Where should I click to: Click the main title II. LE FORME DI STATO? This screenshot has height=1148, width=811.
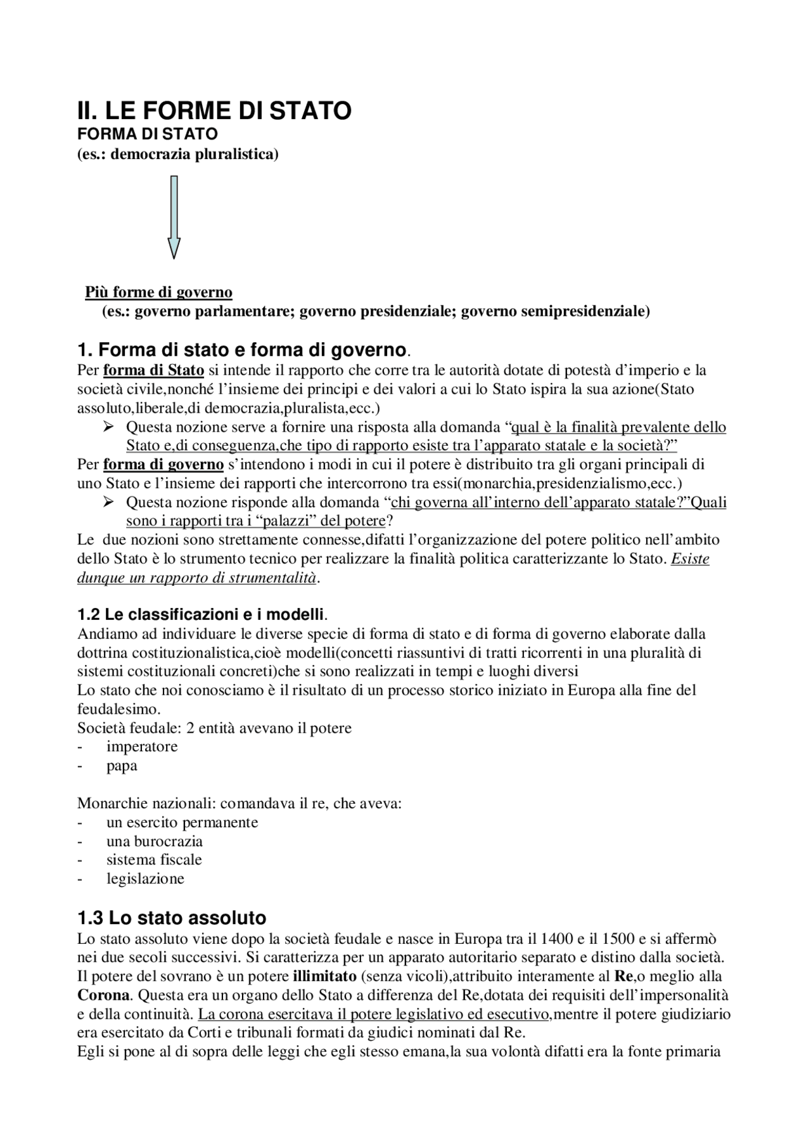pyautogui.click(x=214, y=111)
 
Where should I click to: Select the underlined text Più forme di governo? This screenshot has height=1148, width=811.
pyautogui.click(x=159, y=292)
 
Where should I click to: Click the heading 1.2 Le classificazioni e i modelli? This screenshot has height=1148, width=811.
pyautogui.click(x=201, y=614)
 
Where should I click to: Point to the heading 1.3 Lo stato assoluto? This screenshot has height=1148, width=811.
pyautogui.click(x=171, y=917)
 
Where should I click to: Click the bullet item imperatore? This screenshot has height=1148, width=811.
pyautogui.click(x=142, y=746)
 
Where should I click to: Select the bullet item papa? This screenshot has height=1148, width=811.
pyautogui.click(x=122, y=765)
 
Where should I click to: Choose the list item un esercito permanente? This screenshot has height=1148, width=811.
pyautogui.click(x=182, y=822)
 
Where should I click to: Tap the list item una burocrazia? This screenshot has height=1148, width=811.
pyautogui.click(x=155, y=841)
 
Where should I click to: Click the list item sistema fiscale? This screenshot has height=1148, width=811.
pyautogui.click(x=154, y=860)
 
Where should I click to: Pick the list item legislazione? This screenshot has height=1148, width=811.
pyautogui.click(x=145, y=879)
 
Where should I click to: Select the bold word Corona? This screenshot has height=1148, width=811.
pyautogui.click(x=105, y=995)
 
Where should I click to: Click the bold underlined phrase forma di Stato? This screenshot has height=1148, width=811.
pyautogui.click(x=153, y=370)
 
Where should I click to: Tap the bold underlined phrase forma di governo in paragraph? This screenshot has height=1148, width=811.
pyautogui.click(x=163, y=464)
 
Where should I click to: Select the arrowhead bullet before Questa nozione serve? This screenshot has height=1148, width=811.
pyautogui.click(x=108, y=427)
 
